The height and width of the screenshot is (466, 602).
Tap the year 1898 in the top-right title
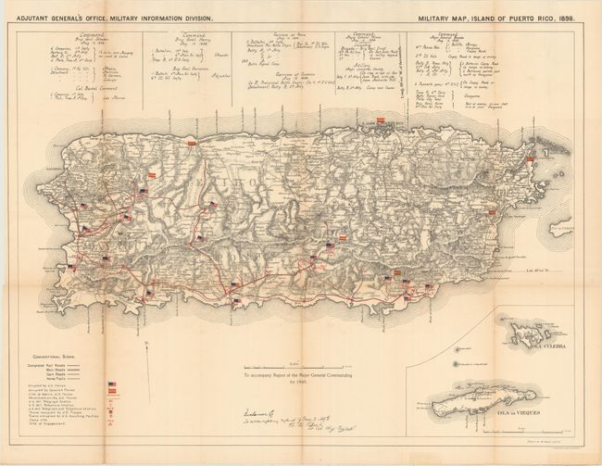click(573, 18)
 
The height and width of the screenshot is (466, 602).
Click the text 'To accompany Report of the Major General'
click(297, 375)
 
